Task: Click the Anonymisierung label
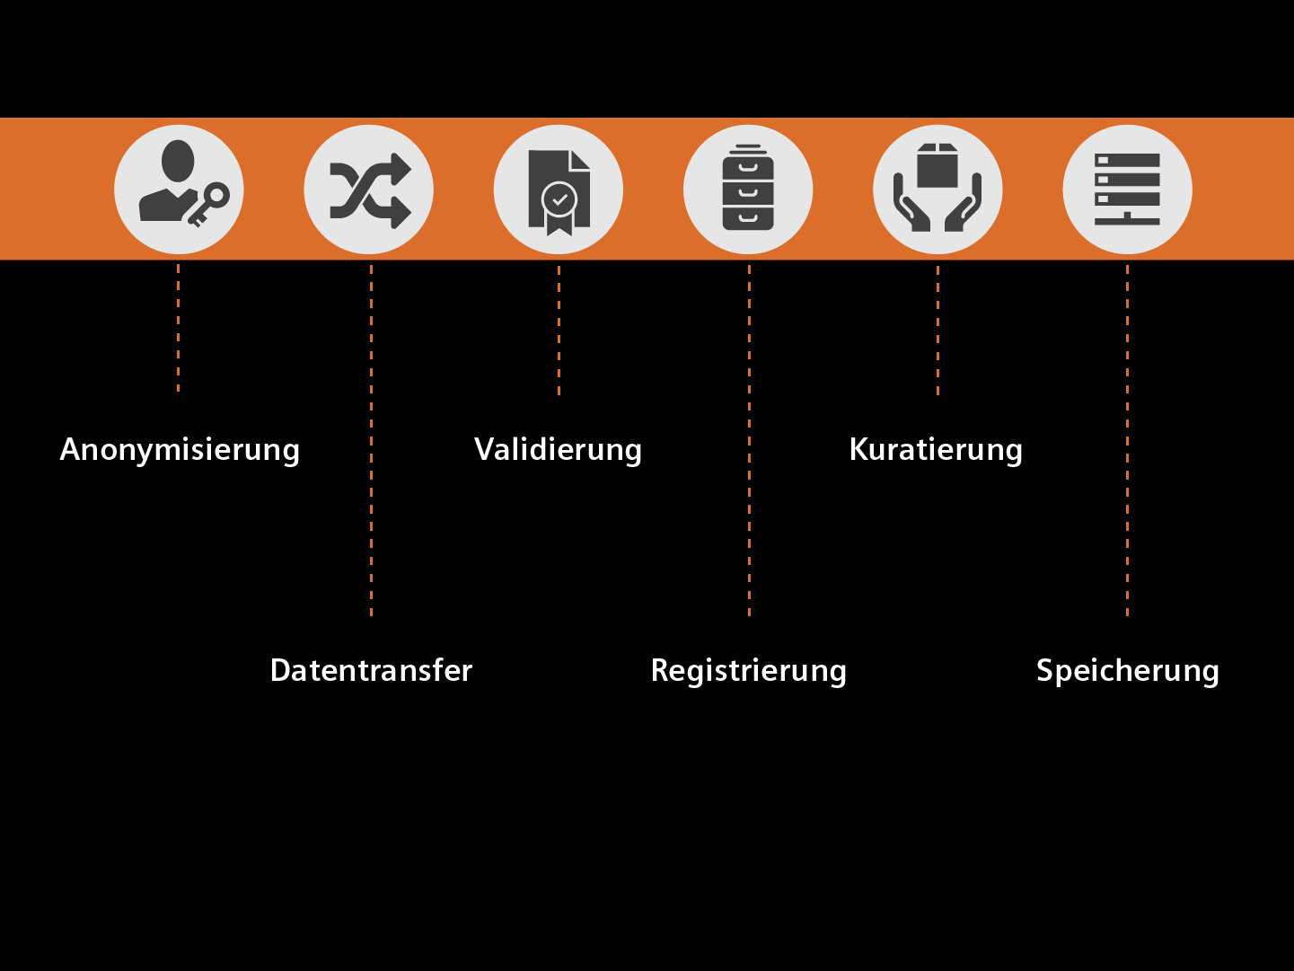[180, 449]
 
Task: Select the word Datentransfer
[371, 670]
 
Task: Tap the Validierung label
[558, 449]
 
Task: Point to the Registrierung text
[748, 670]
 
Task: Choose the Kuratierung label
[936, 449]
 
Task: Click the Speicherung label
[1127, 670]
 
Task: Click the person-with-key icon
[179, 190]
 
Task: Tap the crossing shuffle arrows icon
[369, 190]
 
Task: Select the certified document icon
[559, 190]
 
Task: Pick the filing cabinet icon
[748, 190]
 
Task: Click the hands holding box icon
[937, 190]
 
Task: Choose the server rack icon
[1127, 190]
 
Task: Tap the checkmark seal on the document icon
[559, 199]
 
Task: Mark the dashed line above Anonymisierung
[178, 328]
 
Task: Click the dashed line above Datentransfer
[371, 440]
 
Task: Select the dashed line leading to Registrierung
[749, 440]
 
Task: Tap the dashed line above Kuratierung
[937, 330]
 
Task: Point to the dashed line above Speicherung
[1127, 440]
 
